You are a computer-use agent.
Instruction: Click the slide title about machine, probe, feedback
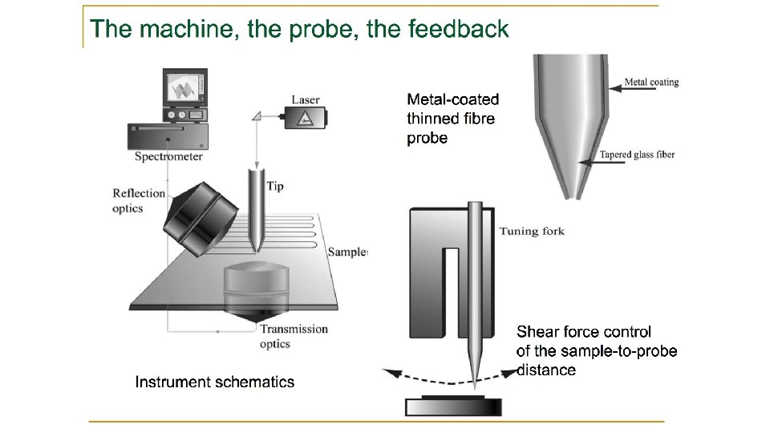(x=300, y=30)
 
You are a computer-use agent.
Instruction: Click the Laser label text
(x=306, y=100)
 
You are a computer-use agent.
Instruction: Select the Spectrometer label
(x=168, y=156)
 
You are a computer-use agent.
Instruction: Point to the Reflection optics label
(x=138, y=200)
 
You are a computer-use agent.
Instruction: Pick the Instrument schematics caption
(x=214, y=382)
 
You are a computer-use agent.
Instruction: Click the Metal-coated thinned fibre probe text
(x=452, y=119)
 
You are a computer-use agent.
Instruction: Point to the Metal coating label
(x=651, y=82)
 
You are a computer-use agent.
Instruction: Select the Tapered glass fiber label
(x=637, y=155)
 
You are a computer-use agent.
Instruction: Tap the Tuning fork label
(x=532, y=232)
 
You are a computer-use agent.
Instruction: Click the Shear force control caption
(x=596, y=350)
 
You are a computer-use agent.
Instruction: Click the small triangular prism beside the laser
(x=259, y=116)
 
